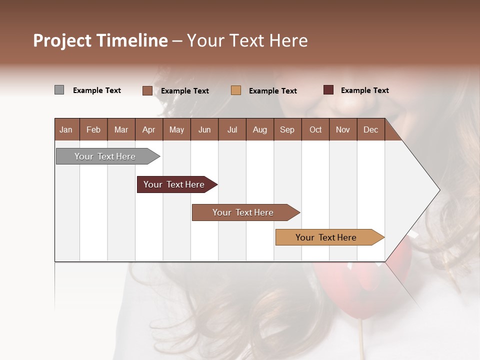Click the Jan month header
pos(66,129)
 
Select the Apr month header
pos(148,129)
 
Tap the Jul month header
pos(232,129)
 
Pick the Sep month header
pos(287,129)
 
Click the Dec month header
pos(370,129)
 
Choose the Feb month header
pos(93,129)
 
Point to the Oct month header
pos(315,129)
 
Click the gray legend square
pos(59,90)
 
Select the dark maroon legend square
pos(328,90)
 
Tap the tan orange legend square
pos(236,90)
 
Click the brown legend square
pos(147,90)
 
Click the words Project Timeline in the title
pos(100,40)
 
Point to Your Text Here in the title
pos(247,40)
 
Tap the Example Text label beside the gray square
pos(97,90)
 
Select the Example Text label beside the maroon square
pos(364,90)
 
